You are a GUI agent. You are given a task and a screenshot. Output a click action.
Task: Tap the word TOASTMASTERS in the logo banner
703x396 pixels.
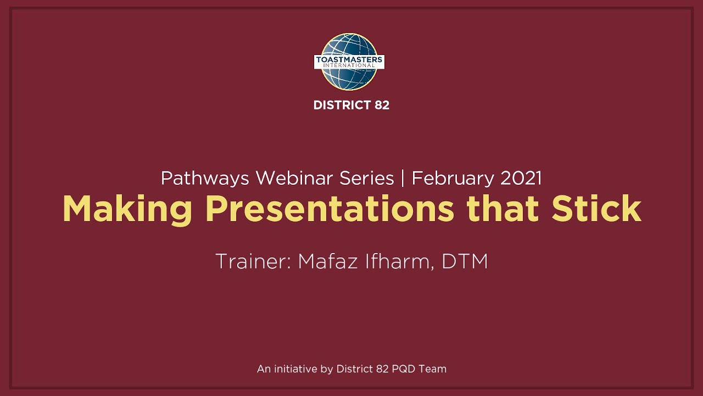[x=349, y=59]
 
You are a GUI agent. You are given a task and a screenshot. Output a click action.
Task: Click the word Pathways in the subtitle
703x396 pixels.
[x=205, y=178]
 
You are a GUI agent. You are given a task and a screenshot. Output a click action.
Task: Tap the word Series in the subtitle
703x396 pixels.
[x=366, y=178]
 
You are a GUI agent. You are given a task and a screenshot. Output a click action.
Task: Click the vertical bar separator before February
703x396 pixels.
[x=403, y=178]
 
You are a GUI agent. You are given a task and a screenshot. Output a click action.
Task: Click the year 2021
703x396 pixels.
[x=521, y=178]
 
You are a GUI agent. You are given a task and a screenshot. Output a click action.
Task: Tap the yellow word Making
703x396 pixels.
[x=127, y=210]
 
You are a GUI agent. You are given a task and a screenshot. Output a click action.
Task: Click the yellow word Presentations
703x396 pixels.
[x=330, y=210]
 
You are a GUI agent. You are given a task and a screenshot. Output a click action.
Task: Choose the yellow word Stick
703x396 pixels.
[x=596, y=208]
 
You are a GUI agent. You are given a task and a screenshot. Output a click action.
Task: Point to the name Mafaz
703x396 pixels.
[x=328, y=261]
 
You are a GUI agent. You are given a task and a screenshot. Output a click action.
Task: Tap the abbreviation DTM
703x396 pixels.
[x=465, y=261]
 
